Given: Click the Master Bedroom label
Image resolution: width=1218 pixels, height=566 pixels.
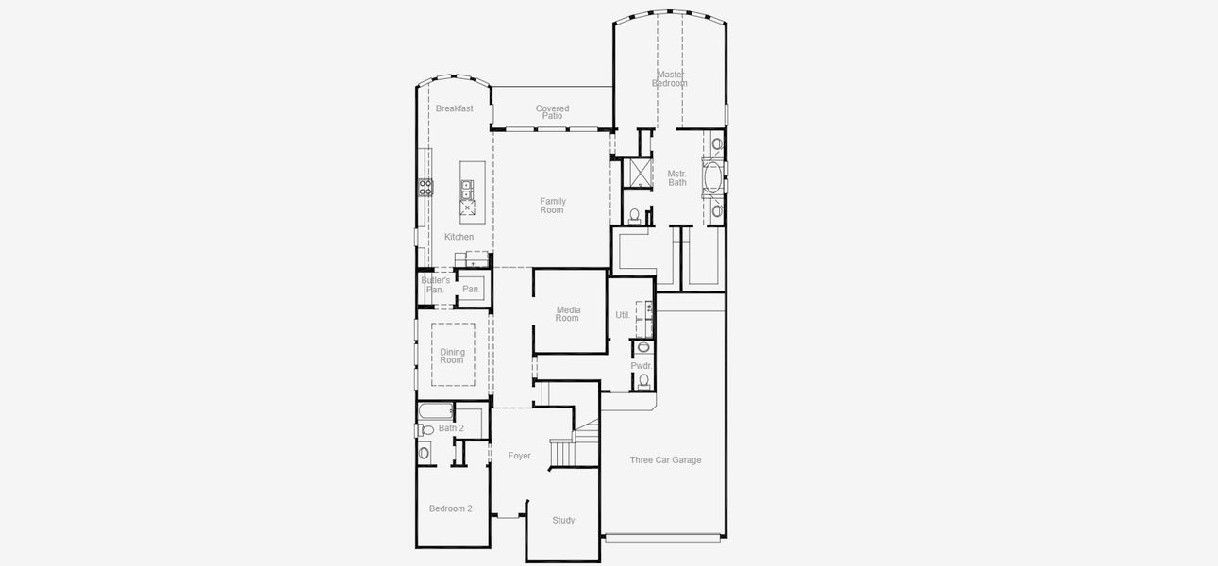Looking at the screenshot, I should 670,78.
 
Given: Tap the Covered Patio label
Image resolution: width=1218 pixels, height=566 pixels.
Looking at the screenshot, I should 552,111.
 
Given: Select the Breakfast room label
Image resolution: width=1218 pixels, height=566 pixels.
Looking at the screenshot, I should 454,108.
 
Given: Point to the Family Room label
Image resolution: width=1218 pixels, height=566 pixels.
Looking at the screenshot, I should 552,205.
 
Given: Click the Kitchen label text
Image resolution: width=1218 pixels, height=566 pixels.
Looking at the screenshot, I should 459,237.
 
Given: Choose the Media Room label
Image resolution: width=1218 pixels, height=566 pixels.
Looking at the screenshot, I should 567,314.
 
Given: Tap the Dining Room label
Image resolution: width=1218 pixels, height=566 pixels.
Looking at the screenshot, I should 452,356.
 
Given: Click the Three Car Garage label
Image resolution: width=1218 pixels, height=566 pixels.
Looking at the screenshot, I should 665,460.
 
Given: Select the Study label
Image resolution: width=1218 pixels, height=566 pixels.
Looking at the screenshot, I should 563,520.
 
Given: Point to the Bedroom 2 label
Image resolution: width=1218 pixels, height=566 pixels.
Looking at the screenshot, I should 450,508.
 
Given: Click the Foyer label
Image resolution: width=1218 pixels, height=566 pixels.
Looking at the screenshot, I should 519,456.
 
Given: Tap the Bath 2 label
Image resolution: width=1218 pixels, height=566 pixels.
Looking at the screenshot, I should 451,428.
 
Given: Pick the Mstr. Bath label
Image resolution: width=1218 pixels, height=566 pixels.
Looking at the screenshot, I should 677,177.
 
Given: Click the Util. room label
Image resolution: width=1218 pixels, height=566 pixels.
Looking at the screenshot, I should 623,315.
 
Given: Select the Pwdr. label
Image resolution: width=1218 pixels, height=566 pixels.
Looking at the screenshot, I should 642,365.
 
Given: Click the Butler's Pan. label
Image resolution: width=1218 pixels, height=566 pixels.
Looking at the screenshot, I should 435,285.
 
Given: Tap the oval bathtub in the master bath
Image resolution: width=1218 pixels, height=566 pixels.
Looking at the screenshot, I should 713,176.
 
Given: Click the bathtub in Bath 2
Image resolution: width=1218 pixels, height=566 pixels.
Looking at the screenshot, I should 436,411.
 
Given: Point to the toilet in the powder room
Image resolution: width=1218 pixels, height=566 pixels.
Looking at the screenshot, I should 643,380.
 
